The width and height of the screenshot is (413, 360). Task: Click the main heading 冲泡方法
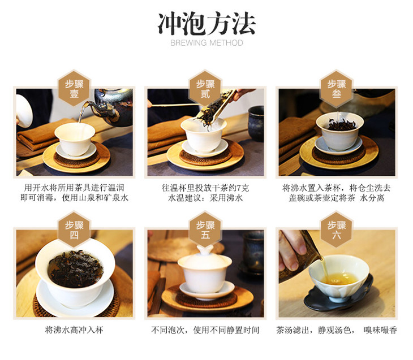pos(206,24)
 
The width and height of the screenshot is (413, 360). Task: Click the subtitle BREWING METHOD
pos(206,42)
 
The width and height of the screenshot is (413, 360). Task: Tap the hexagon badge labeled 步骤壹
pos(74,89)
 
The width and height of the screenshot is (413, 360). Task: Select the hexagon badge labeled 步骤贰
pos(205,89)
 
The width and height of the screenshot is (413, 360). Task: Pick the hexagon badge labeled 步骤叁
pos(337,89)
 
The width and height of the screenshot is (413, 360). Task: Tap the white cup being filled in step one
pos(75,139)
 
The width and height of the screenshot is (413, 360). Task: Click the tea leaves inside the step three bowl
pos(341,124)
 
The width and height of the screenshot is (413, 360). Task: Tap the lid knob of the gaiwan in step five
pos(205,250)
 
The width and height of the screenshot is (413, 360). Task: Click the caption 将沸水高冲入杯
pos(74,330)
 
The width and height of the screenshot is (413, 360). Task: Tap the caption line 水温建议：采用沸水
pos(205,198)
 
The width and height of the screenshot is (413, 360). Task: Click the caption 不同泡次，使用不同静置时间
pos(205,330)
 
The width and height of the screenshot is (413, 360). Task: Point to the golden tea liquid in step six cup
pos(340,279)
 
